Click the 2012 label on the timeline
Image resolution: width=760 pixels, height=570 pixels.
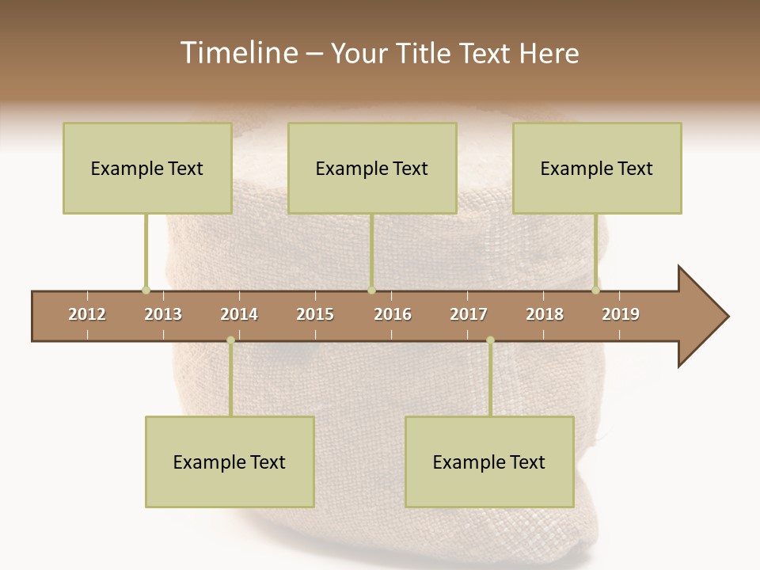coord(87,314)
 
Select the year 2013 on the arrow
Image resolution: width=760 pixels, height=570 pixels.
coord(163,314)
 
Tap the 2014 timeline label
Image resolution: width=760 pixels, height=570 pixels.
coord(239,314)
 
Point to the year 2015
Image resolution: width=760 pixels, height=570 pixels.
coord(315,314)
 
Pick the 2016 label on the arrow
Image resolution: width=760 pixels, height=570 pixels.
coord(393,314)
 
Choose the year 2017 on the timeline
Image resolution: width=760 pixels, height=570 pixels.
coord(469,314)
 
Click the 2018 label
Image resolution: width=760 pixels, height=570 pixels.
coord(545,314)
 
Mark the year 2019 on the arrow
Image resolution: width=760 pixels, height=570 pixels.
coord(621,314)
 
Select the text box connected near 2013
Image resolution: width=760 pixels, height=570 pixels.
coord(147,168)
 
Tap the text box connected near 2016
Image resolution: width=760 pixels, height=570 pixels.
coord(372,168)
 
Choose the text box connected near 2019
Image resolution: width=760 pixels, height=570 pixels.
coord(597,168)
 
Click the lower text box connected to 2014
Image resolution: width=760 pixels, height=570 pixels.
coord(230,462)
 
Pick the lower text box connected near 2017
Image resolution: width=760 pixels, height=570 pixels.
coord(489,462)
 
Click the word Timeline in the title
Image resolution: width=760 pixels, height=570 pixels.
coord(237,53)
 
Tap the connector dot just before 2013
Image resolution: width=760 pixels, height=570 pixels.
coord(146,290)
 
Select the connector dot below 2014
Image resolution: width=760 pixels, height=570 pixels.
coord(230,340)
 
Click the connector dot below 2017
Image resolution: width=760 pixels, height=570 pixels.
coord(490,340)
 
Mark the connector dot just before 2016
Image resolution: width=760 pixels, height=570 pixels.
coord(371,290)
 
